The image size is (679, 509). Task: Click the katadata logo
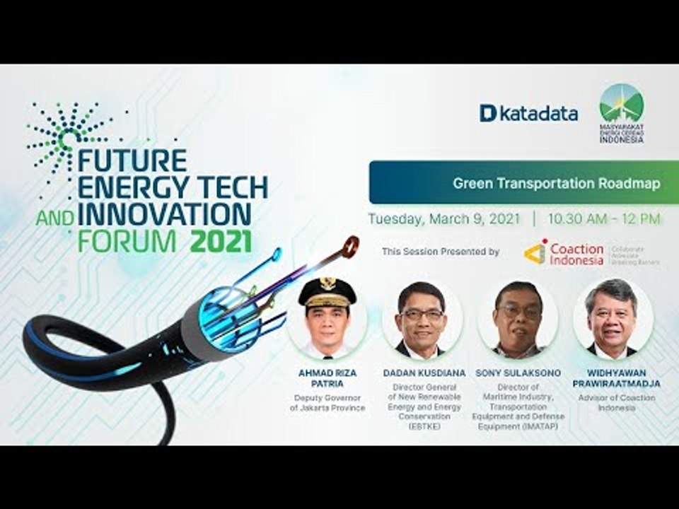pos(528,113)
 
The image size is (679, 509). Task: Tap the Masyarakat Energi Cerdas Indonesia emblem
pos(621,113)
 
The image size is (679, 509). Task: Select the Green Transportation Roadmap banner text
pos(557,183)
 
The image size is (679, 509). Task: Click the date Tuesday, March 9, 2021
pos(443,219)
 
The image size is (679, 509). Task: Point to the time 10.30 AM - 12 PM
pos(603,219)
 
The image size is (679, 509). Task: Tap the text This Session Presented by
pos(440,252)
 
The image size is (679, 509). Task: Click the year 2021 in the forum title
pos(221,242)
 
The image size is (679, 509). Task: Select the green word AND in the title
pos(55,218)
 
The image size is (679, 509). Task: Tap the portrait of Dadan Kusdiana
pos(422,320)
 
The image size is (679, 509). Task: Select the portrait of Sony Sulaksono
pos(518,320)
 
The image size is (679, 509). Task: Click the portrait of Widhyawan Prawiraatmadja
pos(612,318)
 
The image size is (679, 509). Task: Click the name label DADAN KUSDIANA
pos(422,372)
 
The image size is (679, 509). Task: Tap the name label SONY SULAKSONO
pos(518,372)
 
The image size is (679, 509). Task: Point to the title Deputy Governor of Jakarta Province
pos(327,403)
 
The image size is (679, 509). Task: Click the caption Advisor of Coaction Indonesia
pos(613,403)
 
